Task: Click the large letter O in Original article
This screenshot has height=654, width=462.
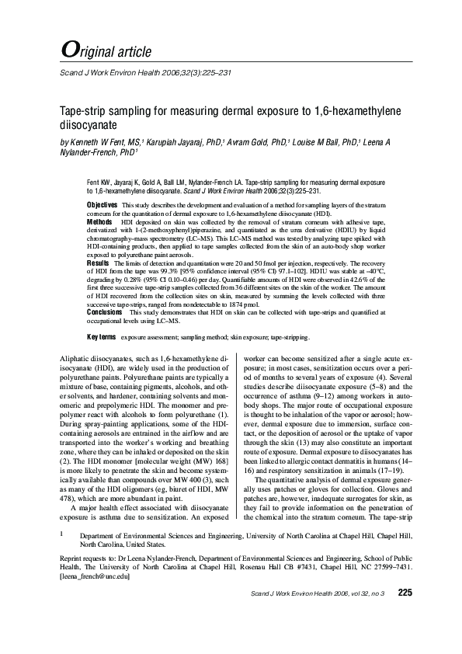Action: pos(68,49)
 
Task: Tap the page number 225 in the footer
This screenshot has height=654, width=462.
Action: pos(405,615)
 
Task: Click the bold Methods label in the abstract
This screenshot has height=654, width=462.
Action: pos(99,221)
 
